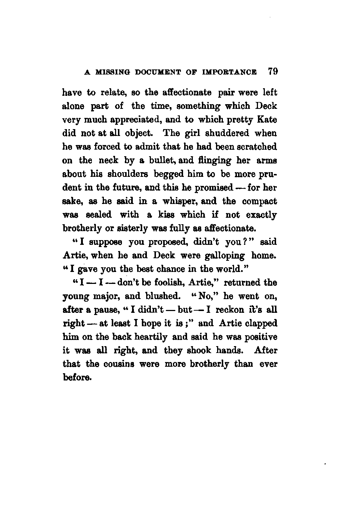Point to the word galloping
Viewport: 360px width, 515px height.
pyautogui.click(x=225, y=256)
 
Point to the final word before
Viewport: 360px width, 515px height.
pyautogui.click(x=76, y=377)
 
